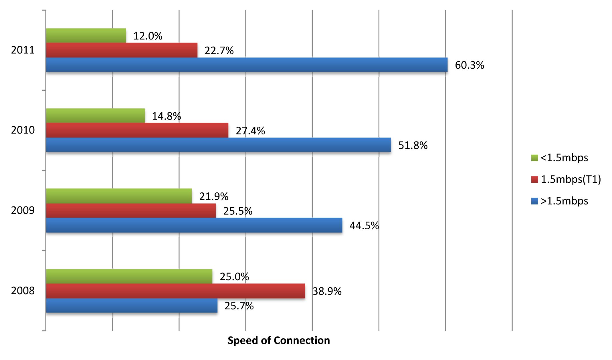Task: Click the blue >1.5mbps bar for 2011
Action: pyautogui.click(x=247, y=65)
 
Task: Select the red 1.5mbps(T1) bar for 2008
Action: pyautogui.click(x=175, y=291)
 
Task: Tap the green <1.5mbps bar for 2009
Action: pyautogui.click(x=119, y=196)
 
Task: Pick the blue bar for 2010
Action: pyautogui.click(x=218, y=145)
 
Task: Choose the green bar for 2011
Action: pyautogui.click(x=86, y=35)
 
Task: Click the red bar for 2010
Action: pyautogui.click(x=137, y=130)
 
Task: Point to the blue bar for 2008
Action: pyautogui.click(x=132, y=305)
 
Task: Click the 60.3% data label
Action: pyautogui.click(x=469, y=65)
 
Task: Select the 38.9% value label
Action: pyautogui.click(x=327, y=291)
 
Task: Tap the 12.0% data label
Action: pyautogui.click(x=148, y=36)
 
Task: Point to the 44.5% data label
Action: pyautogui.click(x=364, y=226)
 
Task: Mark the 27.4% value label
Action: pyautogui.click(x=250, y=131)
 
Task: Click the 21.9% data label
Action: pyautogui.click(x=213, y=196)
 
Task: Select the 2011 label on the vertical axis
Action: pyautogui.click(x=23, y=50)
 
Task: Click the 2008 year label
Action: pyautogui.click(x=23, y=291)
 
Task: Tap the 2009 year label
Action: pyautogui.click(x=23, y=210)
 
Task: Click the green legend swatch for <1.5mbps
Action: pyautogui.click(x=534, y=158)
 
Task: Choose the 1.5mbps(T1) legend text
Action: pyautogui.click(x=571, y=179)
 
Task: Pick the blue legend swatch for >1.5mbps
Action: pyautogui.click(x=534, y=201)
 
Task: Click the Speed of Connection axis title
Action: pyautogui.click(x=279, y=340)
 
